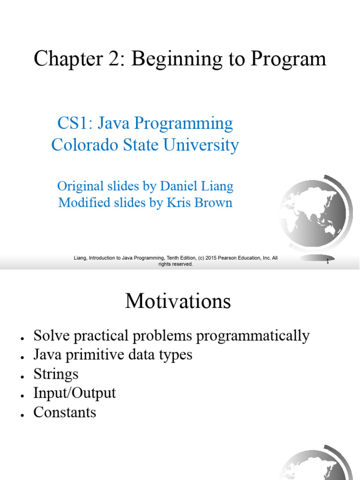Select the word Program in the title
[288, 59]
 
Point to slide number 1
[328, 262]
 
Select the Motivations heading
[178, 301]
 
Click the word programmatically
[253, 336]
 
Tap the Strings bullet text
[56, 374]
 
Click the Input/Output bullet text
[75, 393]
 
